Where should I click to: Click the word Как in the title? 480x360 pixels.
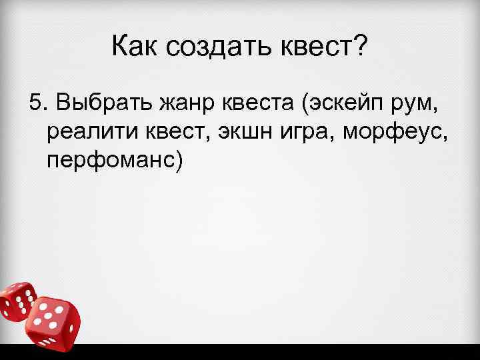(x=138, y=47)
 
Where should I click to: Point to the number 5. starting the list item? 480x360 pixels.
(x=39, y=104)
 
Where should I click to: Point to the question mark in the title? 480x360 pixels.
(x=360, y=47)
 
